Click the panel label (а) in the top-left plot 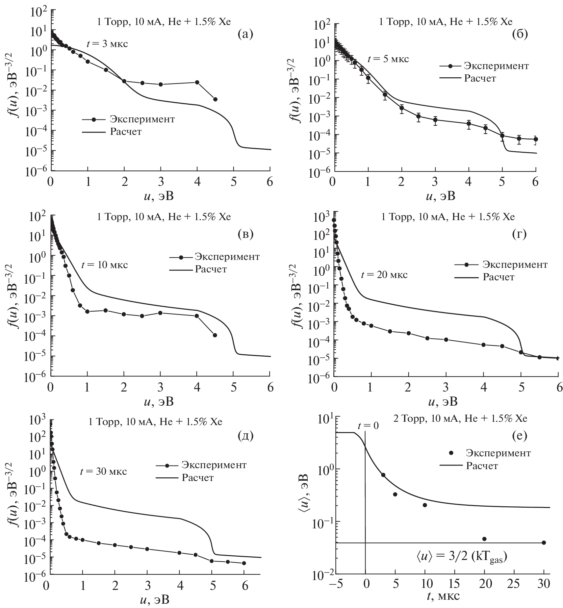(245, 34)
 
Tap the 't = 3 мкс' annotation (107, 44)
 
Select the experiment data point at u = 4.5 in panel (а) (215, 99)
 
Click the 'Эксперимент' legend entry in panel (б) (496, 66)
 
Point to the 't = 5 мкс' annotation (388, 59)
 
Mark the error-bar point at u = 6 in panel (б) (536, 139)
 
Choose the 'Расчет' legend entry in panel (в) (211, 269)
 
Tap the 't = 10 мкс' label (104, 265)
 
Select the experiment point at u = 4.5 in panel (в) (215, 335)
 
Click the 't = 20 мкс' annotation (384, 274)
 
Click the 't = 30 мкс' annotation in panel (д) (103, 471)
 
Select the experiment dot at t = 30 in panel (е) (544, 543)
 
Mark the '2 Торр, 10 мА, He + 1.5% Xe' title (460, 418)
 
